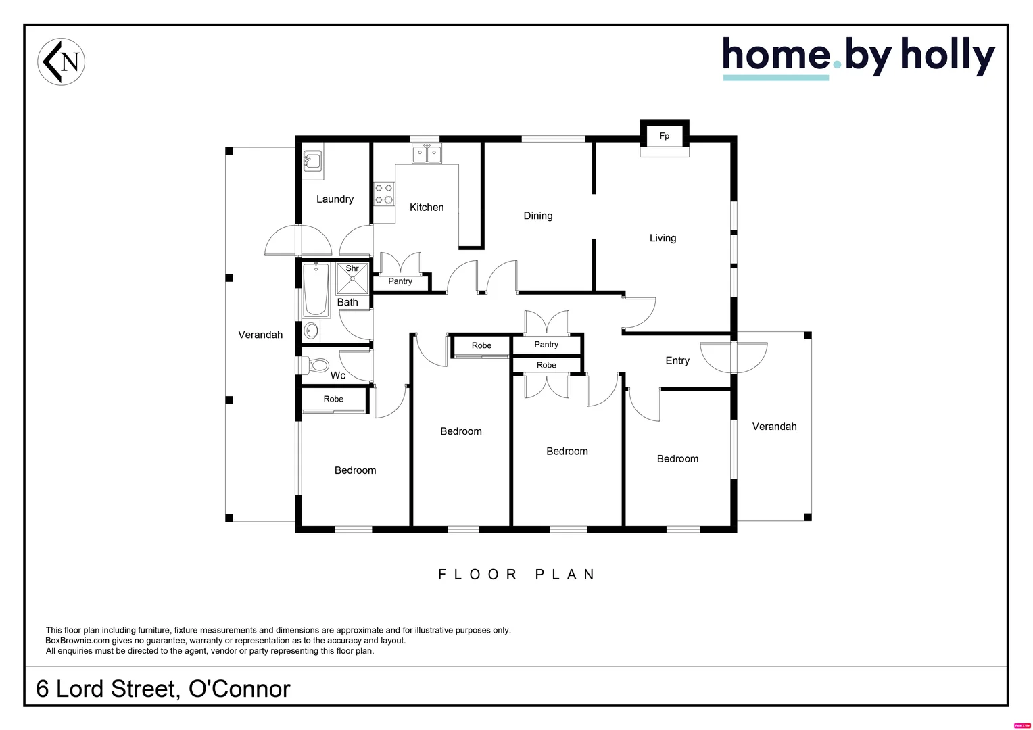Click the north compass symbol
coord(61,62)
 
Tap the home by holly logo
coord(858,57)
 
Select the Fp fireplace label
coord(665,136)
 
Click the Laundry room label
coord(335,199)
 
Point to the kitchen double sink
coord(427,154)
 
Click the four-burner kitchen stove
coord(384,195)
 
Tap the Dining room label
coord(538,216)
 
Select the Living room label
coord(663,238)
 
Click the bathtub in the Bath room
coord(316,290)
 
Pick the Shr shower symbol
coord(352,278)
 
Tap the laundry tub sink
coord(312,161)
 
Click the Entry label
coord(677,361)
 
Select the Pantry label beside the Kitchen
coord(400,281)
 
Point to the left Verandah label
coord(260,335)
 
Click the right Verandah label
coord(774,427)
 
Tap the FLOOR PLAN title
coord(516,575)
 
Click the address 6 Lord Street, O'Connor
coord(163,689)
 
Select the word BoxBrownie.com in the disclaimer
coord(77,641)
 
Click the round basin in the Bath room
coord(311,331)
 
